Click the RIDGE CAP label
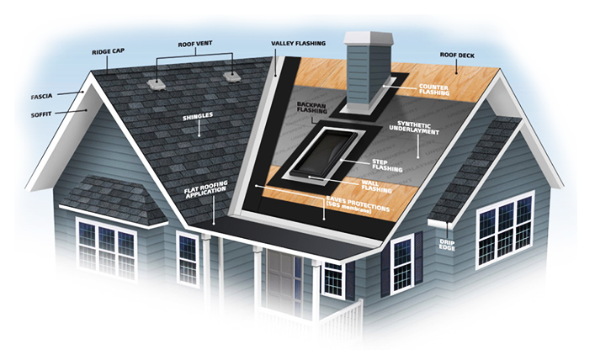coord(107,52)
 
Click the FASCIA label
coord(40,96)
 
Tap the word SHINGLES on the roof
coord(199,118)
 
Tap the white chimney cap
coord(369,38)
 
